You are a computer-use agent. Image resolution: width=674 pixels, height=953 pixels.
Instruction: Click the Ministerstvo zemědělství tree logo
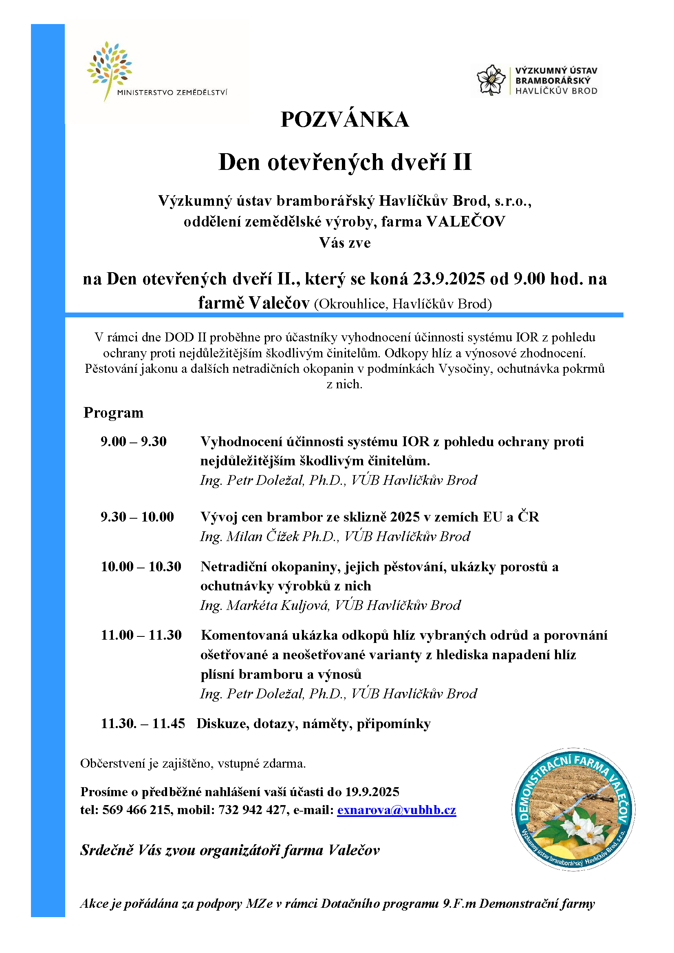110,68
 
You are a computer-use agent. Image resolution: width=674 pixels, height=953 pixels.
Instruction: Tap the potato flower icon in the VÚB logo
491,80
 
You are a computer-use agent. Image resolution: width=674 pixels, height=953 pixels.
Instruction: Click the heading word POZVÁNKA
344,119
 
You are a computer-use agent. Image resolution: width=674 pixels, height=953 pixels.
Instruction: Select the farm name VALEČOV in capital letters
466,222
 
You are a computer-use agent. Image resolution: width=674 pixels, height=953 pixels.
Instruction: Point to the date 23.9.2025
449,279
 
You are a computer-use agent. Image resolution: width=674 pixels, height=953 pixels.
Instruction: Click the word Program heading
113,413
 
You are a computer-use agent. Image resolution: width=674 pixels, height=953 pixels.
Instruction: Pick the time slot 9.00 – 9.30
134,441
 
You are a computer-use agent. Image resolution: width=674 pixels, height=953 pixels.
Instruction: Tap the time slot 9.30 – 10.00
137,517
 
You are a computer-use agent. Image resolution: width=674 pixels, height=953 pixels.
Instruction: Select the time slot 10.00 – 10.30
141,567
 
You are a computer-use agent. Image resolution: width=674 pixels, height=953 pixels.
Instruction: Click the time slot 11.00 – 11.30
141,635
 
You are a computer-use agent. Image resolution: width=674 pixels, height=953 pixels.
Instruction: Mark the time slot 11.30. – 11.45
143,724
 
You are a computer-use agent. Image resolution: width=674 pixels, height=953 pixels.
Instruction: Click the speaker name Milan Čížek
263,536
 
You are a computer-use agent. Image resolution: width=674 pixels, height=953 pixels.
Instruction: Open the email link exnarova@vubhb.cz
396,810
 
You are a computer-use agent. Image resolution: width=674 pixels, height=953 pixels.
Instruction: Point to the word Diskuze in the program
222,724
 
